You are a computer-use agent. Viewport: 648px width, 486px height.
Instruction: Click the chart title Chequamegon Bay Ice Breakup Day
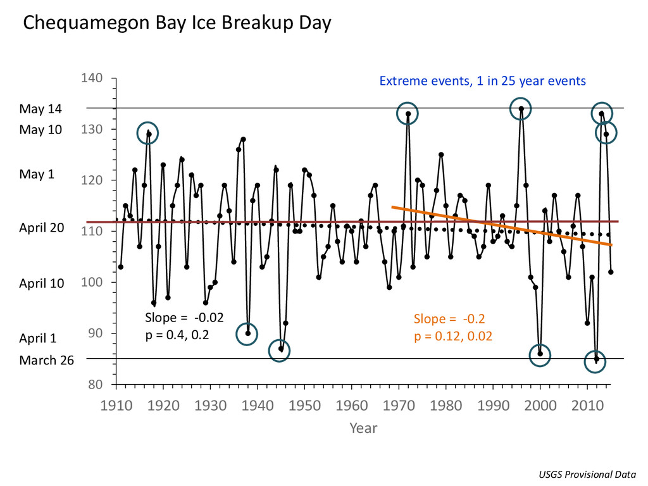[x=177, y=24]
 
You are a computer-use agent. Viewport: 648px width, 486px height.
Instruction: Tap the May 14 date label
[x=40, y=109]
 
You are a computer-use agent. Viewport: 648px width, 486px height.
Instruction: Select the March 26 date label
[x=46, y=360]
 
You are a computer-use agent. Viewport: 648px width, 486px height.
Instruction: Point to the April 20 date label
[x=42, y=228]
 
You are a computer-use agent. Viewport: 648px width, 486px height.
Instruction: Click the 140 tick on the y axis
[x=92, y=78]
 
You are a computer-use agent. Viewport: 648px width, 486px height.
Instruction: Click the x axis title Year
[x=363, y=428]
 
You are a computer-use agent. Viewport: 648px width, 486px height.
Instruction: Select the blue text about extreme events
[x=482, y=81]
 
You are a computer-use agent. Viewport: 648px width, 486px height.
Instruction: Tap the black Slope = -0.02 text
[x=184, y=317]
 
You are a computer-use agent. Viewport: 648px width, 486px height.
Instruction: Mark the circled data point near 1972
[x=408, y=114]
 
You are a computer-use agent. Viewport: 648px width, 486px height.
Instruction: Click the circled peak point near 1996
[x=521, y=109]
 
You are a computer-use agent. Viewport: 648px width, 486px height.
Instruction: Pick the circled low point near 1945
[x=280, y=349]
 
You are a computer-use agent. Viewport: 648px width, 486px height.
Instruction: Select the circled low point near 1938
[x=247, y=333]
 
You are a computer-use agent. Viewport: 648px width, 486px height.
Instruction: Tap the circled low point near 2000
[x=540, y=354]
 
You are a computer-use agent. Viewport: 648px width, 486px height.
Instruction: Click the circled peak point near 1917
[x=148, y=133]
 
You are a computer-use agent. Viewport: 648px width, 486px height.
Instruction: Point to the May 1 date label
[x=37, y=174]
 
